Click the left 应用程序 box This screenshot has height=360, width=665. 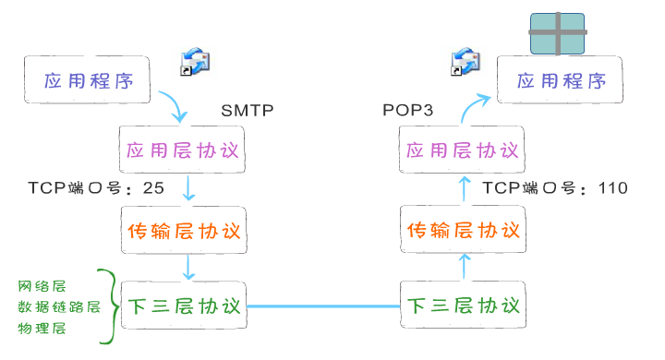pyautogui.click(x=89, y=80)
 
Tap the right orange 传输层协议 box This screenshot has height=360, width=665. pyautogui.click(x=463, y=230)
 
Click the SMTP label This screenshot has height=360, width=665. pyautogui.click(x=248, y=111)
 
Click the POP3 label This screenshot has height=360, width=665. pyautogui.click(x=408, y=111)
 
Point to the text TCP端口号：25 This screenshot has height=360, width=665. pyautogui.click(x=97, y=188)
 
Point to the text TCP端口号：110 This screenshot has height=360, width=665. pyautogui.click(x=555, y=188)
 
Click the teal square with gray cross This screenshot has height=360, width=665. pyautogui.click(x=557, y=33)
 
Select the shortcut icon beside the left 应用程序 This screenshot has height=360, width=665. pyautogui.click(x=195, y=61)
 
